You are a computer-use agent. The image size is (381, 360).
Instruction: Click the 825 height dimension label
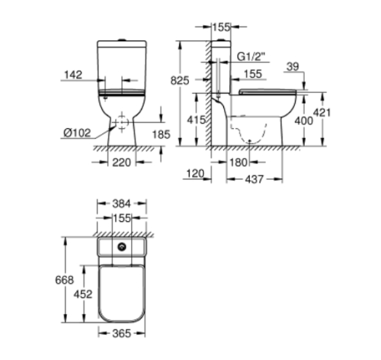point(180,81)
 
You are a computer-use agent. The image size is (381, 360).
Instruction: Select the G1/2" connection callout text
point(253,57)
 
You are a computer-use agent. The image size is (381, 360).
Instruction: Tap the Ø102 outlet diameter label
point(77,133)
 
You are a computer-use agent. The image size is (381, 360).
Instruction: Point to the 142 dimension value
point(73,75)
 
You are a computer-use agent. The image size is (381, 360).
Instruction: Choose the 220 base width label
point(122,162)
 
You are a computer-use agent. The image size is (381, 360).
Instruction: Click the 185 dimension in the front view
point(161,134)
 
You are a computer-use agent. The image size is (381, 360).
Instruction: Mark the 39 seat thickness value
point(293,66)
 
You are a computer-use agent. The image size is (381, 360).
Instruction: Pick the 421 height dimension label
point(322,112)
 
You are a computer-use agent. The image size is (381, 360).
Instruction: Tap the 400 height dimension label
point(304,121)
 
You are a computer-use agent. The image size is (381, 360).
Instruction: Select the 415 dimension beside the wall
point(197,120)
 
